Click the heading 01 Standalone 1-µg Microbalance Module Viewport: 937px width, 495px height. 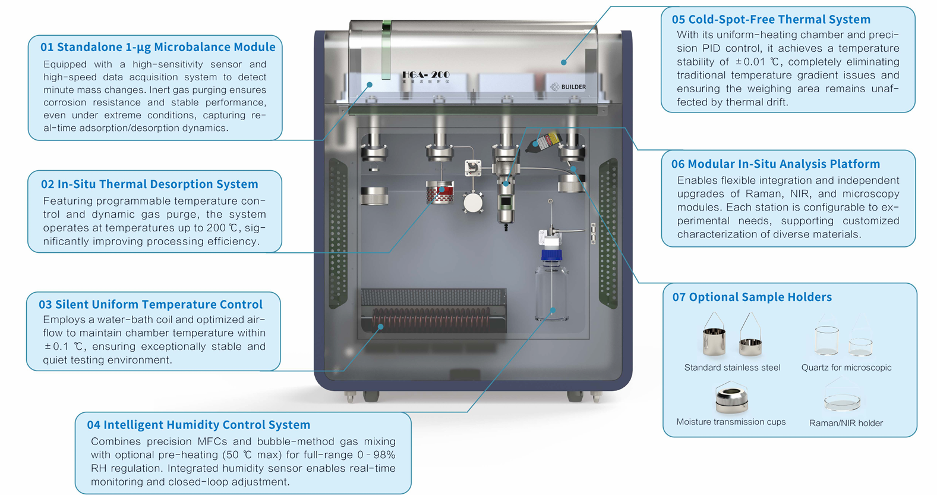[x=157, y=47]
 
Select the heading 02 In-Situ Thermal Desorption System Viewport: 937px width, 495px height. [x=149, y=184]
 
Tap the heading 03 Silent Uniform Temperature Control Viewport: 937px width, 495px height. [x=150, y=305]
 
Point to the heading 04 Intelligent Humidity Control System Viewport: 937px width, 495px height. [x=198, y=425]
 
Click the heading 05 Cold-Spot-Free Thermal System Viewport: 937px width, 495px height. [x=771, y=20]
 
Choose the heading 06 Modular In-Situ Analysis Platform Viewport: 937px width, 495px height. [x=775, y=164]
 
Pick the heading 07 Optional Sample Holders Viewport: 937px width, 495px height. [x=752, y=297]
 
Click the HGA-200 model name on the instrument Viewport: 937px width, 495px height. [x=425, y=75]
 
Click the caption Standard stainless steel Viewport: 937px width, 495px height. [x=732, y=368]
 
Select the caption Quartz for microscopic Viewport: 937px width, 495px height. [x=846, y=368]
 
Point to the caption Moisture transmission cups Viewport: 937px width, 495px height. [x=731, y=422]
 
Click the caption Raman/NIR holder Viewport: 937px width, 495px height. [x=845, y=423]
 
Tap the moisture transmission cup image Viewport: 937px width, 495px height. [x=731, y=397]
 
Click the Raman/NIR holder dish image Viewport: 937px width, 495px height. [x=842, y=402]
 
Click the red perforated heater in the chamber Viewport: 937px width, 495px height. [x=440, y=193]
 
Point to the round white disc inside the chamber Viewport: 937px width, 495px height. [x=473, y=203]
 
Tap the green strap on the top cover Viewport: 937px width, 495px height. [x=387, y=51]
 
